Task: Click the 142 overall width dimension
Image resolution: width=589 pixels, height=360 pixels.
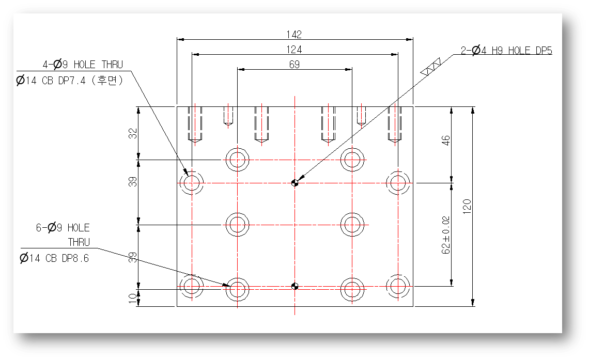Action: pos(295,35)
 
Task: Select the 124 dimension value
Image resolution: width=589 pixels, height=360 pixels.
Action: pos(295,50)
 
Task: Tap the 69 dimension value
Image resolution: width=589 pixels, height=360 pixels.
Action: pos(295,65)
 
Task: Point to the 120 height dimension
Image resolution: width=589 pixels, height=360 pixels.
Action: pos(468,206)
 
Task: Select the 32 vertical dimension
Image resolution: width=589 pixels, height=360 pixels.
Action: pos(133,133)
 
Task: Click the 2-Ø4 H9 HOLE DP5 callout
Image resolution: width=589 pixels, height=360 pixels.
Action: pos(506,51)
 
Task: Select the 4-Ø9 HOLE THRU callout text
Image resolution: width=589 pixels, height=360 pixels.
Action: pos(83,65)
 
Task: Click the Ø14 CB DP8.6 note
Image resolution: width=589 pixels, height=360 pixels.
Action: pos(54,258)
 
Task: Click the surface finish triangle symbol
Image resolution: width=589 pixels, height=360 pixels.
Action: pos(430,68)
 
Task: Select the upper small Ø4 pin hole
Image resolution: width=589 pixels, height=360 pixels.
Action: pos(295,182)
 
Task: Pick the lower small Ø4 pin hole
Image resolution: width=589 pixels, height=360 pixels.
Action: pos(295,286)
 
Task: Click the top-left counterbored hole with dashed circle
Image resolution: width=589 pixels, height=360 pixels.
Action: pos(192,182)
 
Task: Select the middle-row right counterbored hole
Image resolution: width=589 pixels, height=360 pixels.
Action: pos(352,225)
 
